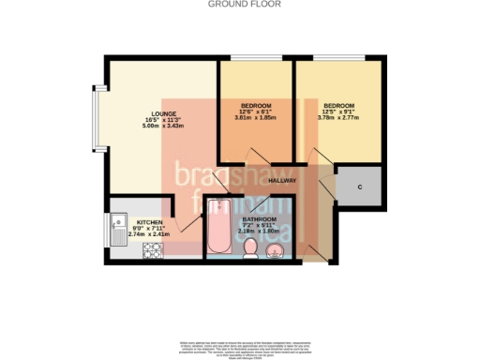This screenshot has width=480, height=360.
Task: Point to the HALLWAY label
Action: [282, 180]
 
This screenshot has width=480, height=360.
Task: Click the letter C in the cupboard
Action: [360, 187]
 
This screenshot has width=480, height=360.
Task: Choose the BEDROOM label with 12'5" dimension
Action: [339, 105]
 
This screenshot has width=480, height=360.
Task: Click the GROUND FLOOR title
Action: [239, 5]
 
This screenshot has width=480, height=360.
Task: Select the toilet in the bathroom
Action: [252, 248]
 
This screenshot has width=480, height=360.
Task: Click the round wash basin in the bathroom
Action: [285, 249]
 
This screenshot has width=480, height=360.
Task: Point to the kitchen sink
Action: [119, 228]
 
